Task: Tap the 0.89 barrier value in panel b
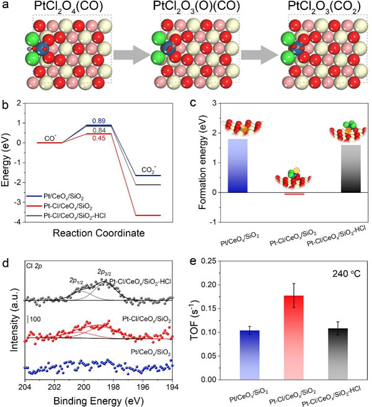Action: [x=100, y=120]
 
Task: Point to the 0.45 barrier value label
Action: [x=100, y=138]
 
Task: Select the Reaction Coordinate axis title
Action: [x=99, y=233]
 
